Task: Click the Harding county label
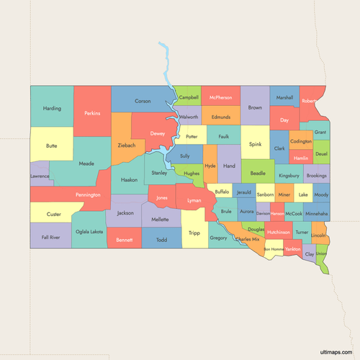click(x=52, y=109)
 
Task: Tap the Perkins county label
click(x=92, y=113)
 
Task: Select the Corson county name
click(x=143, y=102)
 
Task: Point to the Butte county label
click(x=51, y=145)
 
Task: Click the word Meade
click(x=86, y=163)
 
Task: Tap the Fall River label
click(x=50, y=236)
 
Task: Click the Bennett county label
click(x=124, y=239)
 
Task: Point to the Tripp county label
click(x=194, y=233)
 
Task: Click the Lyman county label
click(x=194, y=199)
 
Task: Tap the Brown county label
click(x=255, y=108)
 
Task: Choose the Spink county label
click(x=255, y=144)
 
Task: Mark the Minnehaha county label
click(x=317, y=214)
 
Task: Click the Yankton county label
click(x=292, y=249)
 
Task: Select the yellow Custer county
click(x=53, y=214)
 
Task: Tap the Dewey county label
click(x=158, y=134)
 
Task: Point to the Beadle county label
click(x=257, y=173)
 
